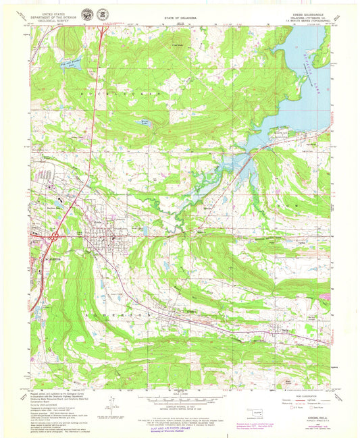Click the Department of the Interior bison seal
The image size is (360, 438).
click(x=86, y=14)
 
